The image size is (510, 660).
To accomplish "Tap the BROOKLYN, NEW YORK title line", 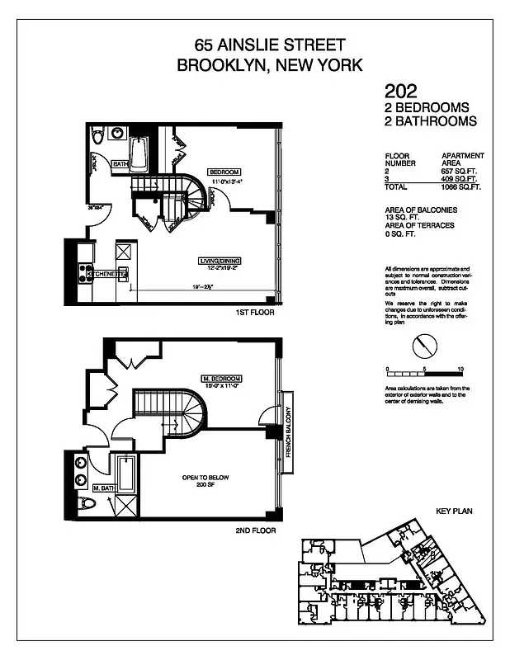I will tap(270, 65).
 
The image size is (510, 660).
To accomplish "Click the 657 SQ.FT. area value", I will tap(460, 169).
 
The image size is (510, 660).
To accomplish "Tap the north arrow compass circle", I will tap(423, 343).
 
